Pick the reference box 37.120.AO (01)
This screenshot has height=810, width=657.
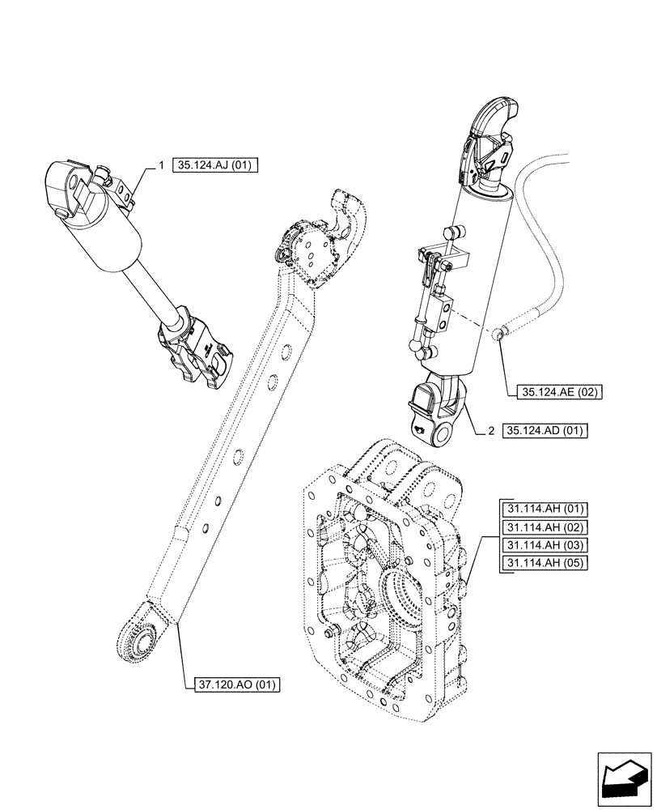[237, 684]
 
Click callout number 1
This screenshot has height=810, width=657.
[161, 166]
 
